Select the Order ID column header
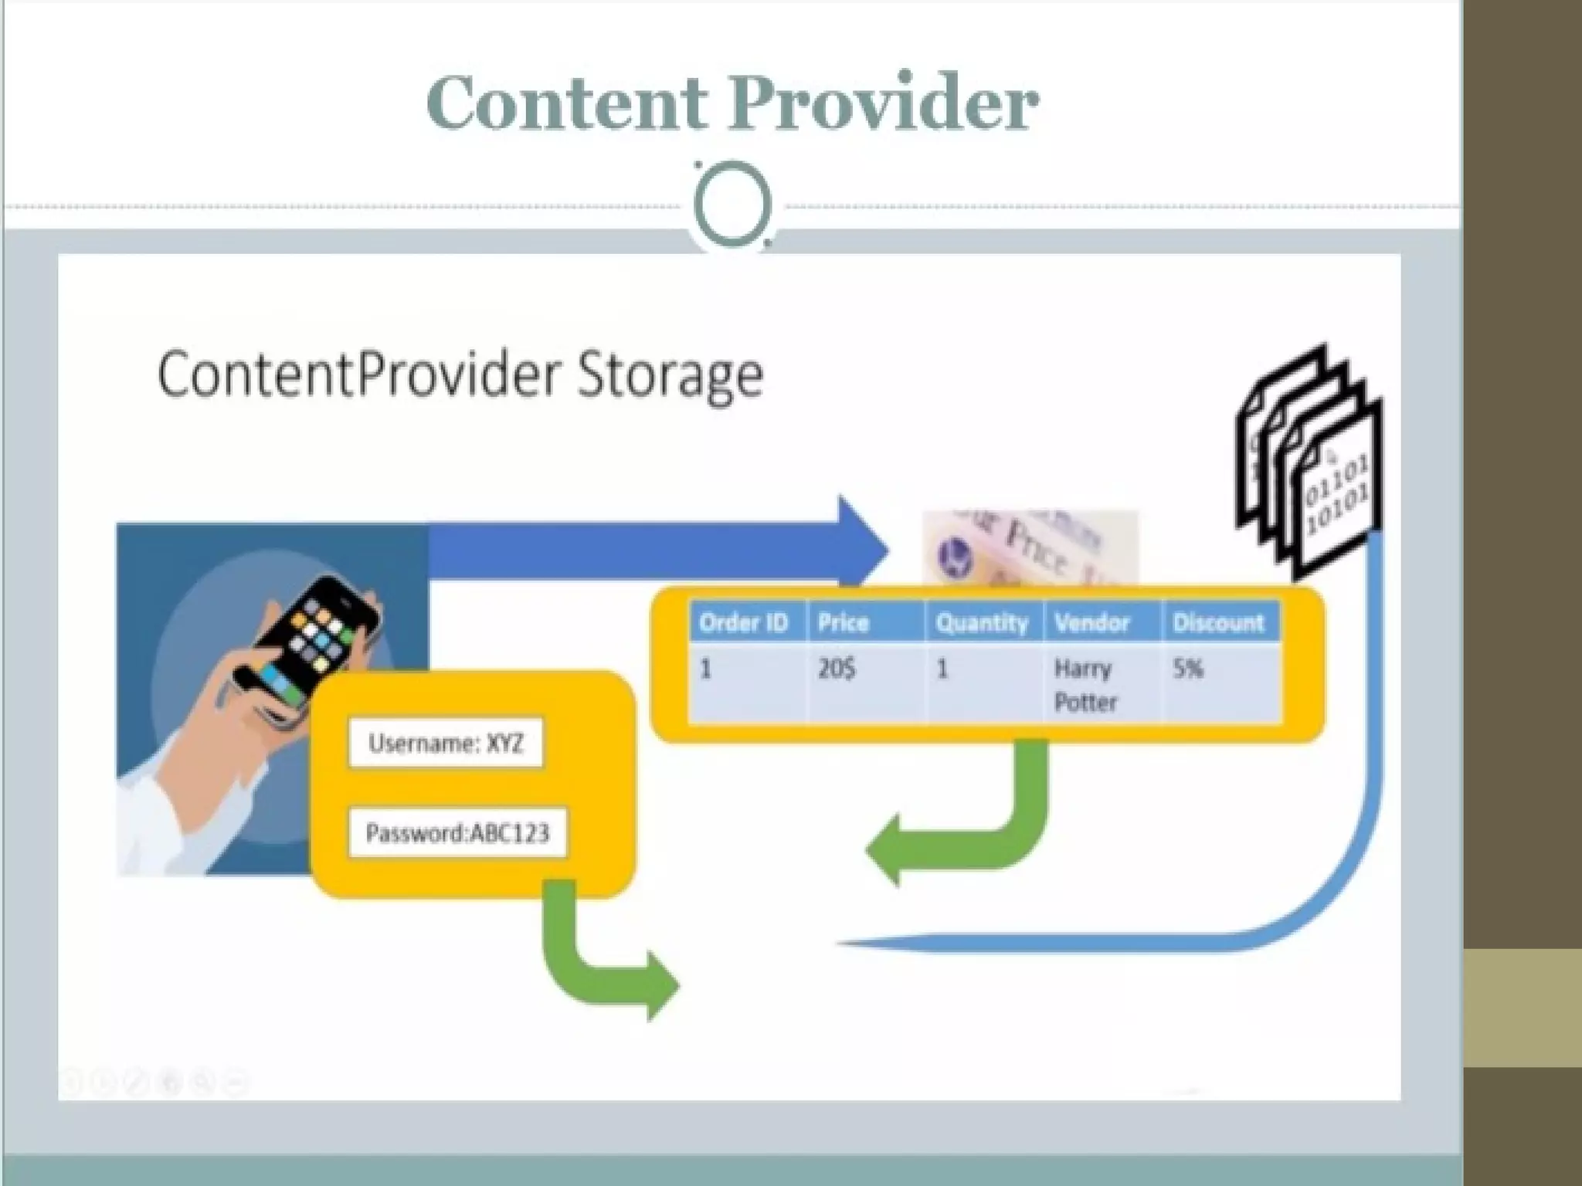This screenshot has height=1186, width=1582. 743,622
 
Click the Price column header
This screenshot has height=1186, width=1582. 843,622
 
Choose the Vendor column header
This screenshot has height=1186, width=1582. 1091,622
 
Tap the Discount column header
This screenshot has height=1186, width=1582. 1218,622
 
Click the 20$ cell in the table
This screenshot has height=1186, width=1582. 837,669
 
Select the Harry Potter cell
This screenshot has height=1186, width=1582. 1085,685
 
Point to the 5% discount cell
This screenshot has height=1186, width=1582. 1188,669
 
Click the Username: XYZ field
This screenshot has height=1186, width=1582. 446,744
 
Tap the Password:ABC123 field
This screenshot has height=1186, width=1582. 457,833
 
